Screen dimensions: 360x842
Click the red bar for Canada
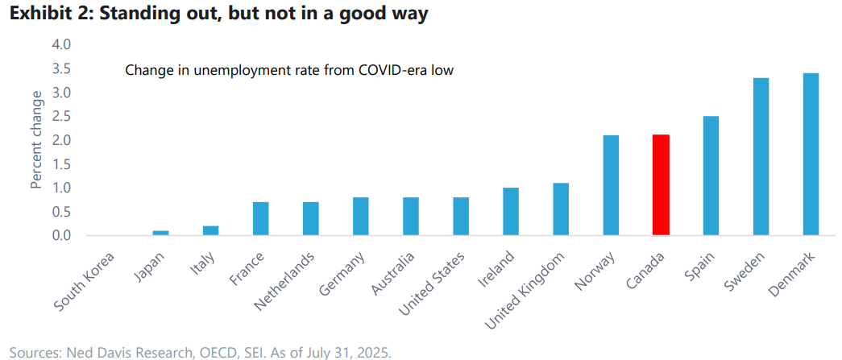(661, 185)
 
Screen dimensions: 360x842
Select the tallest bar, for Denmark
(811, 155)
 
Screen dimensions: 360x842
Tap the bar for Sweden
(761, 157)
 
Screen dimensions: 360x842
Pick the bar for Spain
(711, 176)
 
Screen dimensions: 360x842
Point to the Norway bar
(611, 185)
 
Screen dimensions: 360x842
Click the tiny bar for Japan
(161, 233)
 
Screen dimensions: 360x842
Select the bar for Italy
(211, 230)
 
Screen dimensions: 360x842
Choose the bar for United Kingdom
(561, 209)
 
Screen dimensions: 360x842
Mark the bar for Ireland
(511, 211)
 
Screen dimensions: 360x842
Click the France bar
(261, 218)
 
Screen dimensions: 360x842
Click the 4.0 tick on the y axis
(61, 44)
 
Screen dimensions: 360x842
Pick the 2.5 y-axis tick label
(61, 116)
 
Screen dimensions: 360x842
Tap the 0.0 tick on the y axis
(61, 235)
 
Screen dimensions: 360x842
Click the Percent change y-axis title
(36, 140)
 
